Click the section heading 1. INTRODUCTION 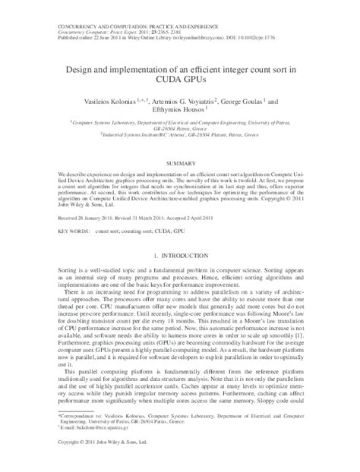tap(179, 257)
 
